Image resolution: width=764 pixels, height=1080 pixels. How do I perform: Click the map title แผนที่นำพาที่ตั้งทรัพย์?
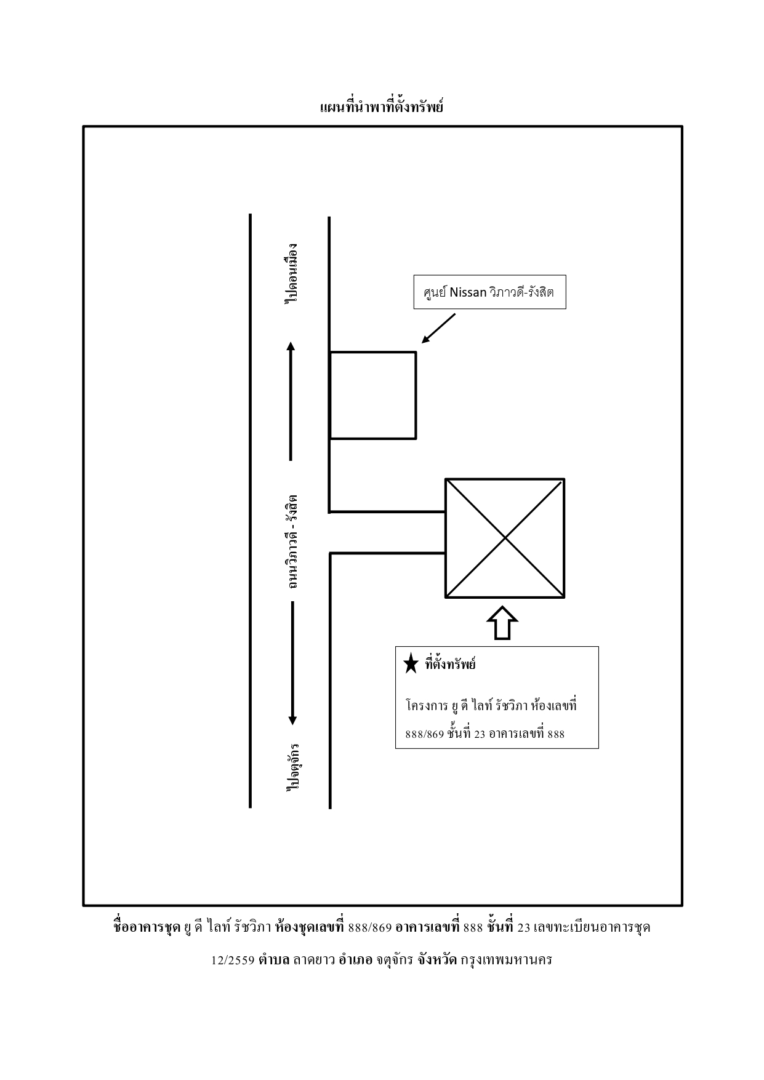tap(382, 106)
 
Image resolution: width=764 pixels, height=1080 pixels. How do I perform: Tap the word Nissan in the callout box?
tap(468, 292)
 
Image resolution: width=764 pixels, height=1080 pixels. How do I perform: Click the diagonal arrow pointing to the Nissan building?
tap(438, 328)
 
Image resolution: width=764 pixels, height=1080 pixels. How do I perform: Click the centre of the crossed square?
tap(505, 538)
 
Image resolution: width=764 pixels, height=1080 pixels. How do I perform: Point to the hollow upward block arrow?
tap(502, 623)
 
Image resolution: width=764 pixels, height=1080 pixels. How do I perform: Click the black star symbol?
tap(411, 664)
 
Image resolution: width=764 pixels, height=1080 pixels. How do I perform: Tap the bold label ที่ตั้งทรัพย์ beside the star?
tap(450, 664)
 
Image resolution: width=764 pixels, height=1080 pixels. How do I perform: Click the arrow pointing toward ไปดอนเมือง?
tap(291, 401)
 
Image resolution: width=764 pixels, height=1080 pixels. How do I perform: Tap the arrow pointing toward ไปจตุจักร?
tap(292, 663)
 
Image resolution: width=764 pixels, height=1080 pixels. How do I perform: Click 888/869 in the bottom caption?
tap(370, 927)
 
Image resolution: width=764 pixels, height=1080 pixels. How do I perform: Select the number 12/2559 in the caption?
tap(233, 960)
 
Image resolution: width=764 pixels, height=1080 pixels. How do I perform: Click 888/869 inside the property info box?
tap(425, 734)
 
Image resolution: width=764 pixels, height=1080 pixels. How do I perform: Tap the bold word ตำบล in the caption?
tap(274, 959)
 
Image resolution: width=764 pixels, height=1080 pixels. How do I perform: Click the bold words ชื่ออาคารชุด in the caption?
tap(147, 927)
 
